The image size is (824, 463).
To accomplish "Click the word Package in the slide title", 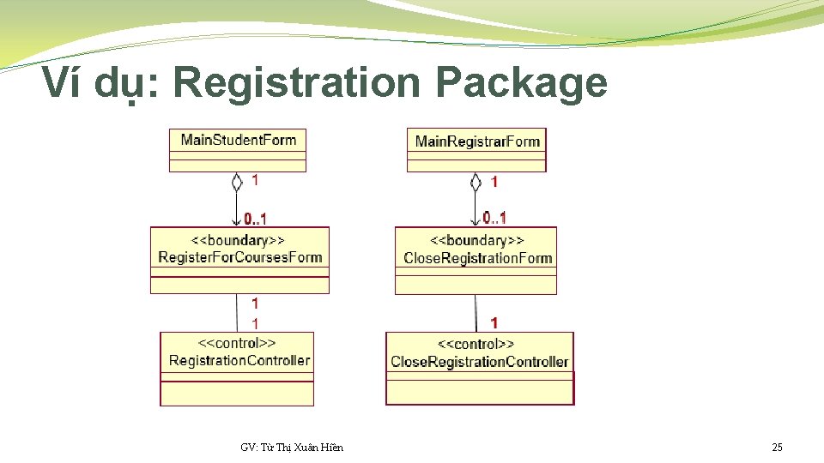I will [x=521, y=84].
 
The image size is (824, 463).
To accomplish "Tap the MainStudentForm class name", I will [x=239, y=140].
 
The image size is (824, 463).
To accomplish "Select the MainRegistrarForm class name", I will [x=477, y=141].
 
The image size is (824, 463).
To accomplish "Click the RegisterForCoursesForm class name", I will [x=240, y=257].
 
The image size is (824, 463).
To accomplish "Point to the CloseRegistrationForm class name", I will [x=477, y=258].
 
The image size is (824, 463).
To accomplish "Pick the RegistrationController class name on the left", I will [x=239, y=360].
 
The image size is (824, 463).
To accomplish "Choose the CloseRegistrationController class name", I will [x=480, y=362].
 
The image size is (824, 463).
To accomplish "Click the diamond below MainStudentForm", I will [x=237, y=182].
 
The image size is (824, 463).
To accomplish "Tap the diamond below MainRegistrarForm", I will [x=476, y=182].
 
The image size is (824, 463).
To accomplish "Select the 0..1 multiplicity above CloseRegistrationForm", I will [x=494, y=217].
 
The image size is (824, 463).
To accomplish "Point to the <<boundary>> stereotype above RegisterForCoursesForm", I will [x=239, y=240].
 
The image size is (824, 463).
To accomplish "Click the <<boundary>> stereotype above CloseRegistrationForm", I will [x=477, y=241].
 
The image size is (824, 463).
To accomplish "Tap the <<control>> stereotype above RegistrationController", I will [x=237, y=343].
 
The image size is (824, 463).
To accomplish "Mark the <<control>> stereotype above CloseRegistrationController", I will [x=476, y=345].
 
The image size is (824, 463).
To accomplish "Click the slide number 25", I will [x=777, y=447].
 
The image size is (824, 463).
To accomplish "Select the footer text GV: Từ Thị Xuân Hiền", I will [x=292, y=447].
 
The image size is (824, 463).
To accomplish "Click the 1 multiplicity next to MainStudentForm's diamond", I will [x=255, y=180].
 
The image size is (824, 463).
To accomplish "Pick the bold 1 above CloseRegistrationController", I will [x=494, y=322].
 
